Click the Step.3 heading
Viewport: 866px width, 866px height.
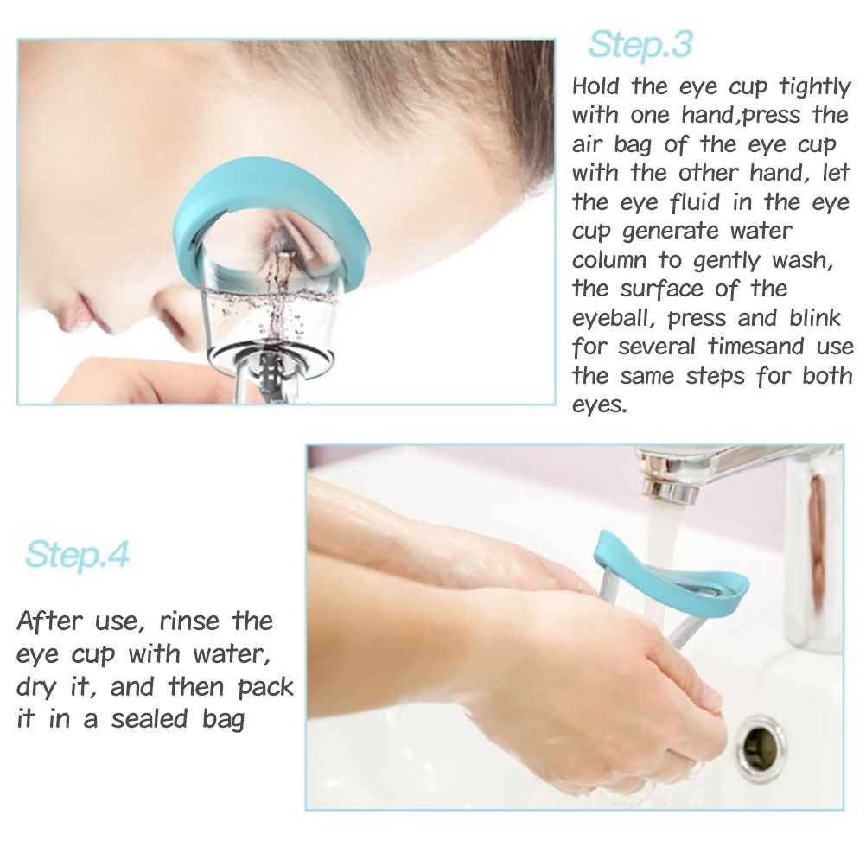coord(640,45)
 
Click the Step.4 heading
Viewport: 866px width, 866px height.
coord(77,555)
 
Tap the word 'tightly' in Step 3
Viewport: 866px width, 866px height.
coord(815,87)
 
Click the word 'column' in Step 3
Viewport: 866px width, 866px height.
coord(609,259)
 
